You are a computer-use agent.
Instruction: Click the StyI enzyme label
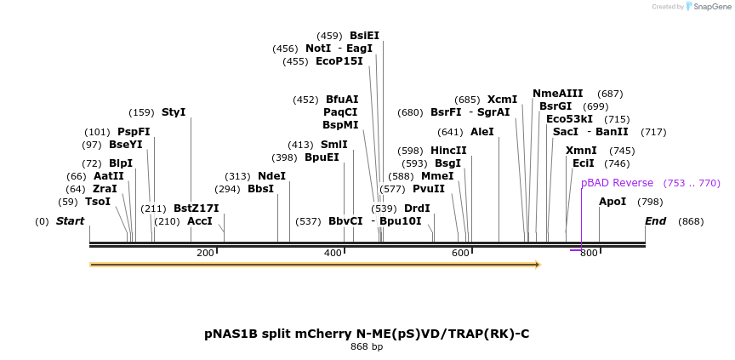[x=174, y=112]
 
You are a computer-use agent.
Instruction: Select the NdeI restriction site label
[x=271, y=176]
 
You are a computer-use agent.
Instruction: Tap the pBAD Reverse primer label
[x=617, y=183]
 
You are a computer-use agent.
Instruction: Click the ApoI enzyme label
[x=612, y=202]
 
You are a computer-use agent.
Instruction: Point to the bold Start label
[x=71, y=221]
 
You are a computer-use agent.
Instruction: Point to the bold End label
[x=655, y=221]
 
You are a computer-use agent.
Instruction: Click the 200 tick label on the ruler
[x=205, y=253]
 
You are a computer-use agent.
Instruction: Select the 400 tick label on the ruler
[x=333, y=253]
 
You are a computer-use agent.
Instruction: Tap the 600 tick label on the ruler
[x=460, y=253]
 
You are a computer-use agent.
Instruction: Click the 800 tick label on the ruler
[x=589, y=253]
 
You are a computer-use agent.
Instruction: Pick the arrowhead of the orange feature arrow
[x=537, y=265]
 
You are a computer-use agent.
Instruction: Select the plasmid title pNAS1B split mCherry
[x=367, y=334]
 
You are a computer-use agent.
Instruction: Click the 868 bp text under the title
[x=367, y=347]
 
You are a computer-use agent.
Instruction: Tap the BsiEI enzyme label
[x=364, y=36]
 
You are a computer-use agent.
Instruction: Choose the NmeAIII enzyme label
[x=558, y=94]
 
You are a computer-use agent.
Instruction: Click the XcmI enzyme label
[x=502, y=100]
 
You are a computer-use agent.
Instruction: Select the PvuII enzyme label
[x=429, y=189]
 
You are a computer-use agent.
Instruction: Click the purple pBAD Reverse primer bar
[x=576, y=250]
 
